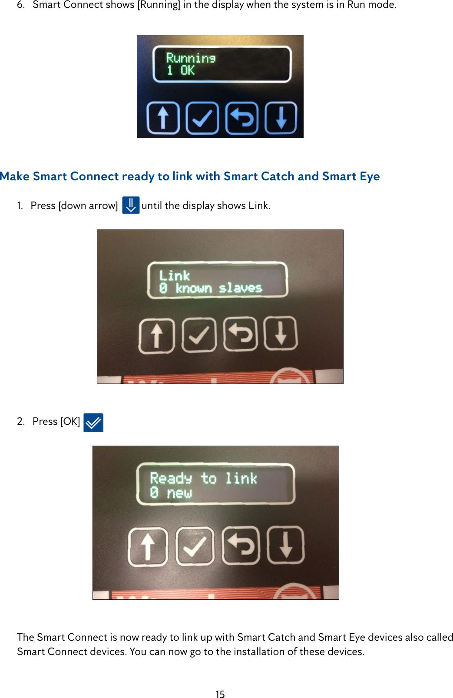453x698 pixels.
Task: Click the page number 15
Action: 220,694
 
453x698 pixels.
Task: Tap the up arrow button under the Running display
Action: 163,118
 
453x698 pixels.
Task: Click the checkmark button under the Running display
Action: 202,118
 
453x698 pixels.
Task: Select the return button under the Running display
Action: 242,118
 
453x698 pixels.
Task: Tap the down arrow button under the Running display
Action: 281,118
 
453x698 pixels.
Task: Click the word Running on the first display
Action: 191,58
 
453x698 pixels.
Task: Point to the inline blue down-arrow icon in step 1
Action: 130,205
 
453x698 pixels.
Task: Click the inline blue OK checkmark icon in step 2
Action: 93,422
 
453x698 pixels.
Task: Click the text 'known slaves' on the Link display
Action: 218,288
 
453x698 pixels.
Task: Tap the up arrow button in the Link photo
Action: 156,336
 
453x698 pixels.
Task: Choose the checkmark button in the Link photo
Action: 198,334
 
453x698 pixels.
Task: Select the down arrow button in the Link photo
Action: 281,333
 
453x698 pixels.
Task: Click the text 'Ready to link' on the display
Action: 203,478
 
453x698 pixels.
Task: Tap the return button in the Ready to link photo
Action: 241,545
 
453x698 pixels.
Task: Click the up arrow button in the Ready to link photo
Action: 148,546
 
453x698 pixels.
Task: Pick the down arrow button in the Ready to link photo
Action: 285,545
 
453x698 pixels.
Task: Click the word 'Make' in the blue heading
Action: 15,176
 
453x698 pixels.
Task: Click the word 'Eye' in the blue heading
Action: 370,176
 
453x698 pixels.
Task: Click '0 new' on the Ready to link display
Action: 171,493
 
